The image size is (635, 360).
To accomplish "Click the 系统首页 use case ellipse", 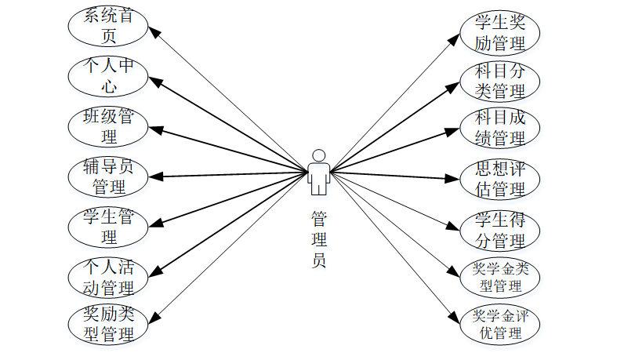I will pyautogui.click(x=108, y=26).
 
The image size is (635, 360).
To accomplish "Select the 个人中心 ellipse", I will pyautogui.click(x=108, y=77).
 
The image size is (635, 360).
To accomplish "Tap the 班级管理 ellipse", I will pyautogui.click(x=108, y=128).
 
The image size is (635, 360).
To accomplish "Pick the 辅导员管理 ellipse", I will pyautogui.click(x=108, y=177).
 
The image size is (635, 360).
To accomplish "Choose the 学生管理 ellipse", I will pyautogui.click(x=108, y=227).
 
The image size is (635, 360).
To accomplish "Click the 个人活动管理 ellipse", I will pyautogui.click(x=108, y=276).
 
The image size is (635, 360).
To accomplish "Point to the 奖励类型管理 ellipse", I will pyautogui.click(x=108, y=324).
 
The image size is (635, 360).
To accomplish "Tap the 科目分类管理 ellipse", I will pyautogui.click(x=499, y=82).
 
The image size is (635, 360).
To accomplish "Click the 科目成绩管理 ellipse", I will pyautogui.click(x=499, y=129).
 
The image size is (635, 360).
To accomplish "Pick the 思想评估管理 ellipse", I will pyautogui.click(x=499, y=179).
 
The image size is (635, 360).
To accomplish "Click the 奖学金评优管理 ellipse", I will pyautogui.click(x=499, y=324).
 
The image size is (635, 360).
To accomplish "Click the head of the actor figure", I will pyautogui.click(x=317, y=155).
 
